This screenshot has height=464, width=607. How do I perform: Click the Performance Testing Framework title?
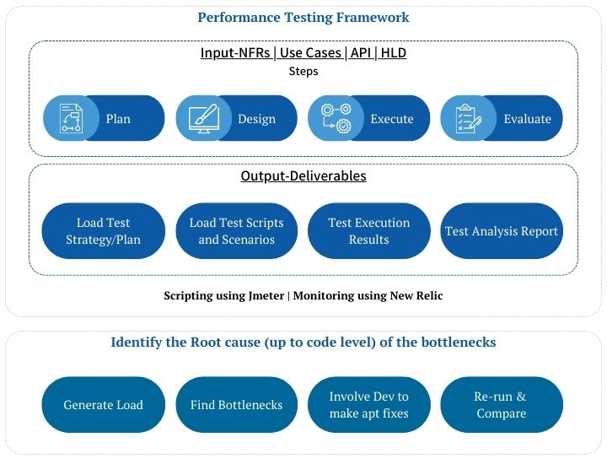pos(303,18)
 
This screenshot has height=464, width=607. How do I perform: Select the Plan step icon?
pos(71,118)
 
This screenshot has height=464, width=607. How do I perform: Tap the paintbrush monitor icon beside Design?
pos(204,118)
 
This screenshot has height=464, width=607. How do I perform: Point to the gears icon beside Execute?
pos(336,118)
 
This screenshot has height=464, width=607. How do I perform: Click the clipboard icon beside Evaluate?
pos(469,118)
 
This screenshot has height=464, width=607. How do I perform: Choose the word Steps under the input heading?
pos(303,71)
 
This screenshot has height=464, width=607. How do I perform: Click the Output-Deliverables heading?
pos(303,175)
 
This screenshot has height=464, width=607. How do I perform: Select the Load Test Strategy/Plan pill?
pos(104,231)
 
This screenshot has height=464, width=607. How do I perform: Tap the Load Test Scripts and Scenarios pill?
pos(237,231)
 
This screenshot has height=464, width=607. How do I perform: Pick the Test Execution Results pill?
pos(369,231)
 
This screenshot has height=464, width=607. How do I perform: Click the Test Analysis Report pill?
pos(502,231)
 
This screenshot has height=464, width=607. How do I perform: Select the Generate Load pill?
pos(104,405)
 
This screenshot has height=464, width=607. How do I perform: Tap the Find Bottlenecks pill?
pos(237,405)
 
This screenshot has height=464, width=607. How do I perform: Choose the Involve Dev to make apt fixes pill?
pos(369,405)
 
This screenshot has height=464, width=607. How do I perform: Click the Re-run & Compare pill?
pos(502,405)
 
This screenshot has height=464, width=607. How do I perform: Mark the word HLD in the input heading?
pos(394,52)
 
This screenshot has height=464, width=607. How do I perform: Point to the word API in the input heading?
pos(361,52)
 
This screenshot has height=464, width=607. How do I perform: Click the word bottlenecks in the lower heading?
pos(459,342)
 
